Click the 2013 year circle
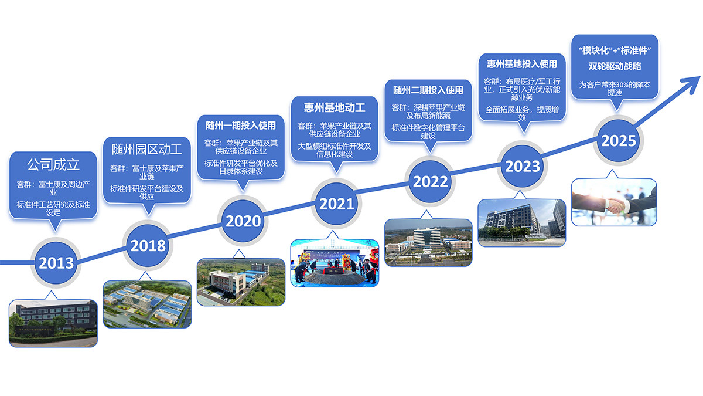[56, 262]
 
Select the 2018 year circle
[148, 245]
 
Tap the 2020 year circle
[243, 221]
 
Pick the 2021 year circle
[337, 203]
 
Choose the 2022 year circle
[430, 181]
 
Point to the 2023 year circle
[523, 165]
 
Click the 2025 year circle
[618, 141]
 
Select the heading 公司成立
[53, 163]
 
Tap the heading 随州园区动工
[147, 149]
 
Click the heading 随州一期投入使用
[241, 126]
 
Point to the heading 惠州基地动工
[335, 107]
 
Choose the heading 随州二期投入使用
[428, 90]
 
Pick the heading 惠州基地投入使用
[522, 63]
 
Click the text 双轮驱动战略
[615, 66]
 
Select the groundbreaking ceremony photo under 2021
[335, 263]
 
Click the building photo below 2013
[53, 323]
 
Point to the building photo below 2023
[522, 222]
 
